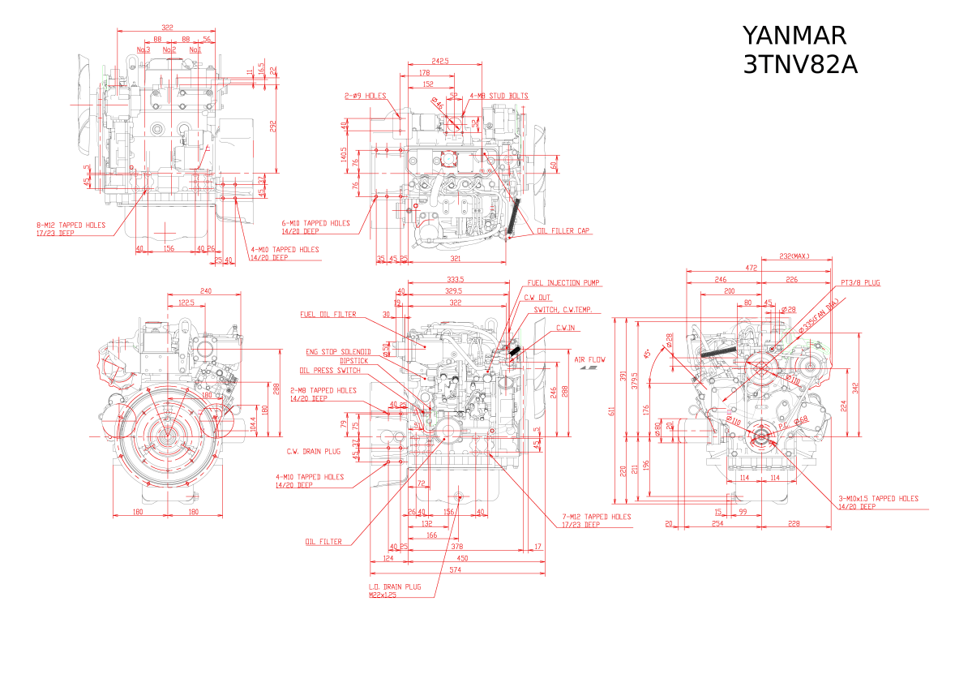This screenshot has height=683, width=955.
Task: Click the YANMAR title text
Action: [x=794, y=36]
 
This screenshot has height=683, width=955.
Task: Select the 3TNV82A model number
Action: [x=799, y=65]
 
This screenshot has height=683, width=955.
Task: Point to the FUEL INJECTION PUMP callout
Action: [x=563, y=283]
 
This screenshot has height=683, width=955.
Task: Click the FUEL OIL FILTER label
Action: [x=328, y=314]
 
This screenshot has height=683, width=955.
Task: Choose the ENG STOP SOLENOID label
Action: [x=337, y=352]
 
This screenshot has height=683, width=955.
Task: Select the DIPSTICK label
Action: [x=354, y=360]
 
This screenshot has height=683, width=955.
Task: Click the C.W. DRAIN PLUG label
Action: [x=313, y=451]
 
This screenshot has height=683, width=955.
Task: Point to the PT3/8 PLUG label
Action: [x=860, y=283]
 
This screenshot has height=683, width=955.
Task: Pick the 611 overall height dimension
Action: [x=614, y=412]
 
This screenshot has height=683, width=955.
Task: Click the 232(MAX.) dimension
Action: [x=794, y=256]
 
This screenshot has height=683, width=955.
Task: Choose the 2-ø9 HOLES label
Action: [x=365, y=96]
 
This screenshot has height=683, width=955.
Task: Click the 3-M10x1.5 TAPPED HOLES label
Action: [x=879, y=498]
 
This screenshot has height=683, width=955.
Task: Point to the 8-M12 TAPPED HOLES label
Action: [x=71, y=226]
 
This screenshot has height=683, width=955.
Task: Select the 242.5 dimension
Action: [x=440, y=61]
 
